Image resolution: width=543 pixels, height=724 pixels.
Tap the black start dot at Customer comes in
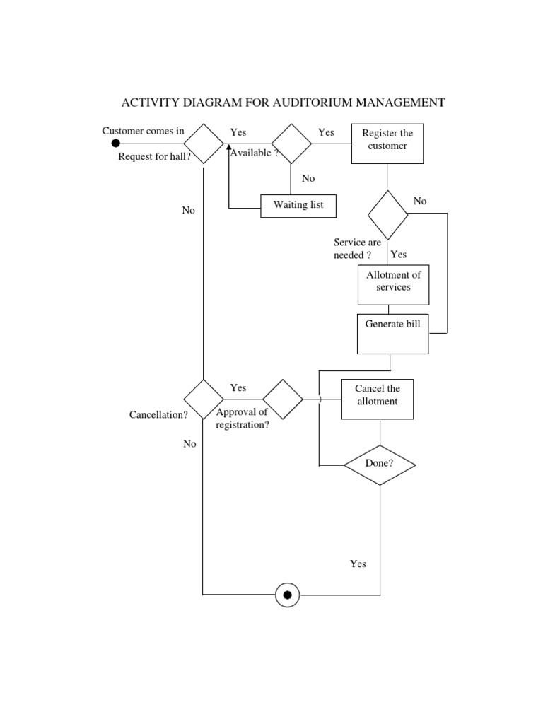tap(116, 144)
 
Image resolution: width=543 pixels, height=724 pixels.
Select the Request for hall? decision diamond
tap(204, 144)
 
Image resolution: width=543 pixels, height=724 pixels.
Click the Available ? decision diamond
tap(292, 144)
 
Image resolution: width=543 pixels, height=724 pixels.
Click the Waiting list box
tap(298, 205)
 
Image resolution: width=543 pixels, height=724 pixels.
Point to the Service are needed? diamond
tap(387, 215)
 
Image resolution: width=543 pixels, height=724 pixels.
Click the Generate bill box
tap(392, 334)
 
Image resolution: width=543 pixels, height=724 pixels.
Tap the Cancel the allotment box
tap(377, 399)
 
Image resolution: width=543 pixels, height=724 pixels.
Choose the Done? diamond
tap(380, 465)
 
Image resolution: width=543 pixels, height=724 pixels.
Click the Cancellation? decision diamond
tap(204, 399)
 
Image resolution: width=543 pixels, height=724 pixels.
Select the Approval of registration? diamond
tap(283, 399)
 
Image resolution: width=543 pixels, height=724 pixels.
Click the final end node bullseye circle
tap(287, 595)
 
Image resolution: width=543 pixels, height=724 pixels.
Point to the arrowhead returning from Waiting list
tap(229, 150)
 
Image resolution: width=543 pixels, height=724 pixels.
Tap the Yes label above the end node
tap(358, 564)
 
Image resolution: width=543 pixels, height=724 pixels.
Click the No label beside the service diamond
tap(420, 201)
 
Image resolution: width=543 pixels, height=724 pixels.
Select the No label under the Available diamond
tap(308, 178)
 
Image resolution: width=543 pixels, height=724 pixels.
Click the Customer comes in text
tap(143, 131)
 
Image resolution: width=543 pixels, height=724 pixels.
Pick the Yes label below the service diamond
tap(399, 254)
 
